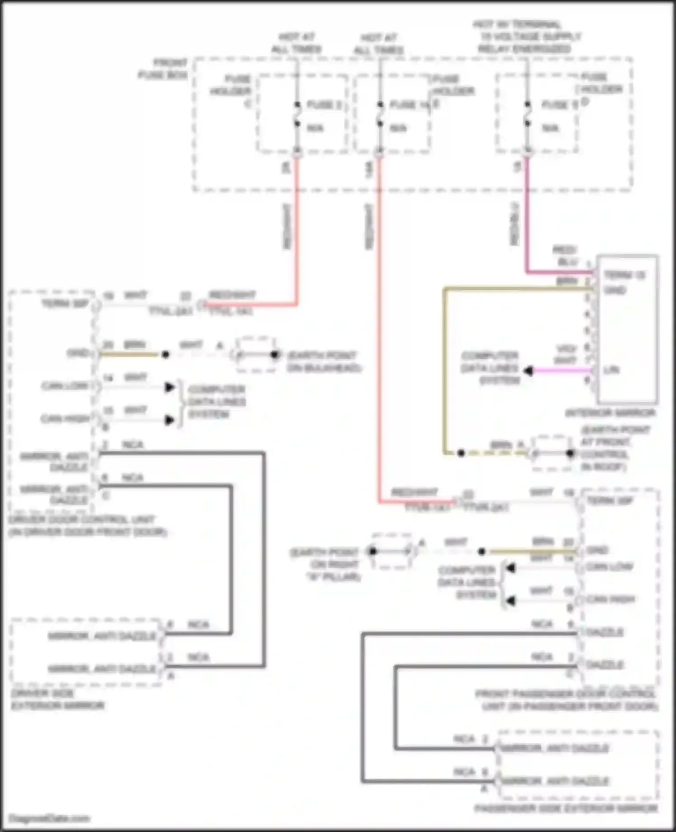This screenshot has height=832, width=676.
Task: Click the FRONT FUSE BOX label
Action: point(163,69)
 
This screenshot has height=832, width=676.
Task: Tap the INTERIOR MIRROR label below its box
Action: point(610,413)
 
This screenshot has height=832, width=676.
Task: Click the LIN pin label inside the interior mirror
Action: point(611,370)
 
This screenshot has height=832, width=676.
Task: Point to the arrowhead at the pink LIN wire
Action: point(528,371)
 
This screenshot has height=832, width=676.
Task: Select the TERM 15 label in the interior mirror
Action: point(624,275)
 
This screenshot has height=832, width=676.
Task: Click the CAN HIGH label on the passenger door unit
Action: point(610,599)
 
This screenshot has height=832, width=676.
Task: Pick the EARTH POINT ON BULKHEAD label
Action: point(324,361)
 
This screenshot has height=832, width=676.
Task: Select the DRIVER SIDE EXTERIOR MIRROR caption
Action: point(57,699)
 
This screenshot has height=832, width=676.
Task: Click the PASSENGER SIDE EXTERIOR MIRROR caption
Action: point(565,809)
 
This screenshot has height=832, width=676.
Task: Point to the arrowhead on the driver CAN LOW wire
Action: point(169,387)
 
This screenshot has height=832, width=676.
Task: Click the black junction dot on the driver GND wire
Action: point(165,355)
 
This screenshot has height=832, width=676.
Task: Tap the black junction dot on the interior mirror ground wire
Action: point(461,453)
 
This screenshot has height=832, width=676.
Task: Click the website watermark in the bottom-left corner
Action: point(50,818)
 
